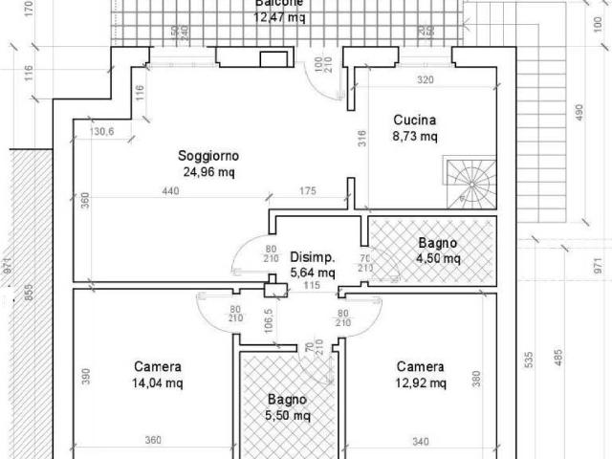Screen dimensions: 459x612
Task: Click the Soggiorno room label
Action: (208, 156)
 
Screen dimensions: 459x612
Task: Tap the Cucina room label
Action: (415, 120)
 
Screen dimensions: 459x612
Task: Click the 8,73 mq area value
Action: (415, 137)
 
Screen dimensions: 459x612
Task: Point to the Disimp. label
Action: (313, 256)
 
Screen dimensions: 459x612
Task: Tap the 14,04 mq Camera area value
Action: (159, 382)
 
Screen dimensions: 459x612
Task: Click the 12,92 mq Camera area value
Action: (421, 382)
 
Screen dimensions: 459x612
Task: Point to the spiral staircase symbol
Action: (470, 184)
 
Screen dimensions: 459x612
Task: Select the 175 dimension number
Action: (308, 192)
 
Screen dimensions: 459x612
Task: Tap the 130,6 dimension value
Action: (102, 132)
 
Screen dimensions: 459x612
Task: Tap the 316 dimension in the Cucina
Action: (362, 139)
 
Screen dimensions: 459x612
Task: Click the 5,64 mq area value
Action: (313, 272)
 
